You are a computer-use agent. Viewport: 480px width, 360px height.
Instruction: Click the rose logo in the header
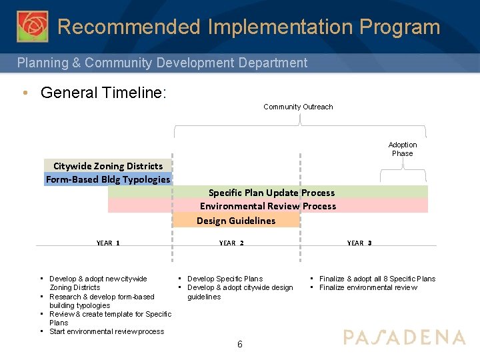[32, 27]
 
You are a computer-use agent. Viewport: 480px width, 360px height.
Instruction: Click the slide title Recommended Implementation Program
[249, 27]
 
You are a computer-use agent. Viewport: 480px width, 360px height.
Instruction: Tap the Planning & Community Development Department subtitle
[162, 63]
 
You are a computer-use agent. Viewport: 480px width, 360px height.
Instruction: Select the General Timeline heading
[103, 93]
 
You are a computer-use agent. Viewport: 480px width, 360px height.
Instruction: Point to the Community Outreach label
[298, 107]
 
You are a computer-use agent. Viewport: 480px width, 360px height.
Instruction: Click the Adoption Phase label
[402, 149]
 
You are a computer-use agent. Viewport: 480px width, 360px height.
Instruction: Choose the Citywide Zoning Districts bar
[108, 166]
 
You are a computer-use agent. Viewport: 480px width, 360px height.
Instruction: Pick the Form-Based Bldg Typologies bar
[108, 179]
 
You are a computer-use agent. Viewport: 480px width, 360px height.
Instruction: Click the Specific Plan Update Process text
[271, 193]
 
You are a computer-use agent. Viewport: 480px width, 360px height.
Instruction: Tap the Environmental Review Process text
[268, 206]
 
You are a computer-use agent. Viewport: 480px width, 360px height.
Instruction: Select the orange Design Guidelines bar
[236, 221]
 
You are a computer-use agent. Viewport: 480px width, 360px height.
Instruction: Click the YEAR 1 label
[108, 243]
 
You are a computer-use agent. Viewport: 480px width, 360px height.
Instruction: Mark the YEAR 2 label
[231, 243]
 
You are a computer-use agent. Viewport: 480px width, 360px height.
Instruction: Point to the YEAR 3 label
[359, 243]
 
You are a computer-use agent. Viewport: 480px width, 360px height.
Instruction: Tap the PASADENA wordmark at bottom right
[404, 337]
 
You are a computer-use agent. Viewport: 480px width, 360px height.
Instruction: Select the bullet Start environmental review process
[107, 331]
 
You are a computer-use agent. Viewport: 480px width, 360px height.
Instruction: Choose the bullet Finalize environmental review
[368, 287]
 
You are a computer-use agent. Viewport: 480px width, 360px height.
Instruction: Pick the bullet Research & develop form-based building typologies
[101, 301]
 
